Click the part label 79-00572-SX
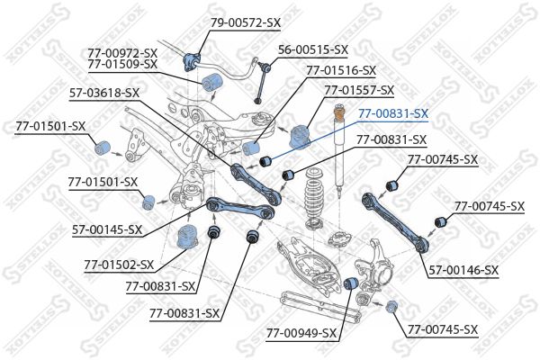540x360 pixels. coord(247,21)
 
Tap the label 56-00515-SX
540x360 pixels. coord(312,49)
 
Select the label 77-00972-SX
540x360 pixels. coord(122,52)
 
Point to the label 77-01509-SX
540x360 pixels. coord(122,64)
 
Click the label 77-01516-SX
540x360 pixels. coord(341,69)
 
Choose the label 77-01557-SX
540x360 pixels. coord(359,90)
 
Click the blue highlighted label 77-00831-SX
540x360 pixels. coord(392,113)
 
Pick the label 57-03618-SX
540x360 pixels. coord(104,92)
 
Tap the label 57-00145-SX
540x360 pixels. coord(107,229)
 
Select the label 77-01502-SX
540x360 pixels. coord(119,265)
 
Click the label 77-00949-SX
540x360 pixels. coord(301,333)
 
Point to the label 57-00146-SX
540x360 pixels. coord(464,269)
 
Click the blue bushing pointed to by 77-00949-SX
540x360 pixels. coord(354,284)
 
